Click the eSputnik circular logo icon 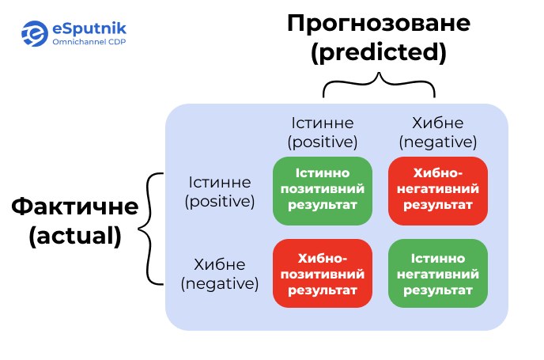34,33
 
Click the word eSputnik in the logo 89,28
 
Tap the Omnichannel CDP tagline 89,42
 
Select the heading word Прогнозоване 379,23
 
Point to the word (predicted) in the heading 379,52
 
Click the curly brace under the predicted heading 379,83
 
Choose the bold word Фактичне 75,207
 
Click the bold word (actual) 75,236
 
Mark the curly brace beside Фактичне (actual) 151,229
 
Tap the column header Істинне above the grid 323,123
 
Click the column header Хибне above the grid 438,123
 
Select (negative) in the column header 438,142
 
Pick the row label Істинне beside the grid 220,182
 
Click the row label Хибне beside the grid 220,264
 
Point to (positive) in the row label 220,201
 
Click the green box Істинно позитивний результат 323,191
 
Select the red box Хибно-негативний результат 438,191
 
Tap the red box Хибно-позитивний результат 323,273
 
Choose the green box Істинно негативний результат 438,273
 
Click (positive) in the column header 323,142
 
